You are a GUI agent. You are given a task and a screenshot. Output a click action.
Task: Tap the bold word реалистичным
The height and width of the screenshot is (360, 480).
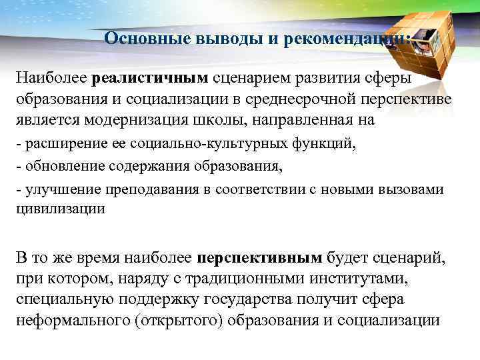(151, 79)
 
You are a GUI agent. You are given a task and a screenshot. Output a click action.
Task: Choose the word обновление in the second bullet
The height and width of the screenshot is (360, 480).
(62, 167)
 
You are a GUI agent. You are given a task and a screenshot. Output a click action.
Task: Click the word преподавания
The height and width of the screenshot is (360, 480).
(140, 189)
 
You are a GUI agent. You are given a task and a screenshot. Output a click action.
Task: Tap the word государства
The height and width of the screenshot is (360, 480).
(252, 299)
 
